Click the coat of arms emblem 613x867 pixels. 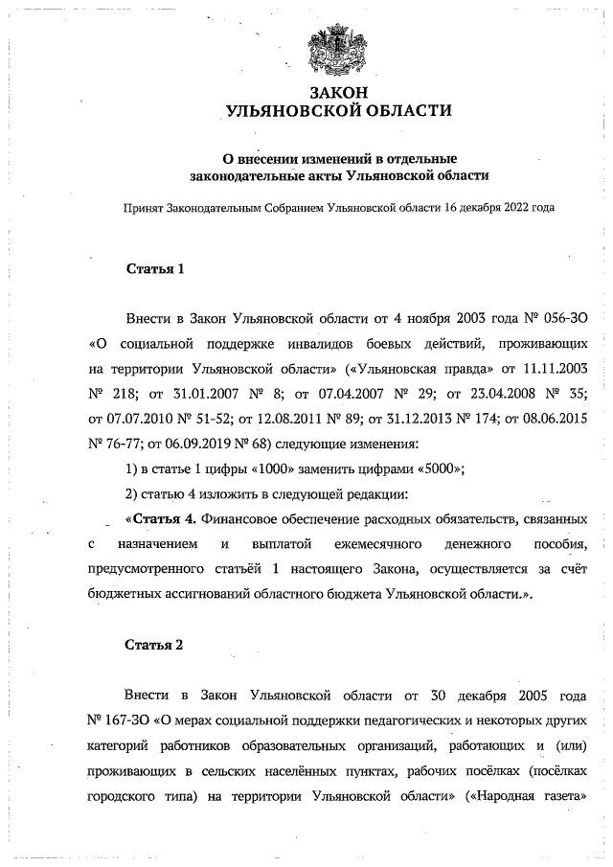338,49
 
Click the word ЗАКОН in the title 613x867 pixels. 337,92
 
